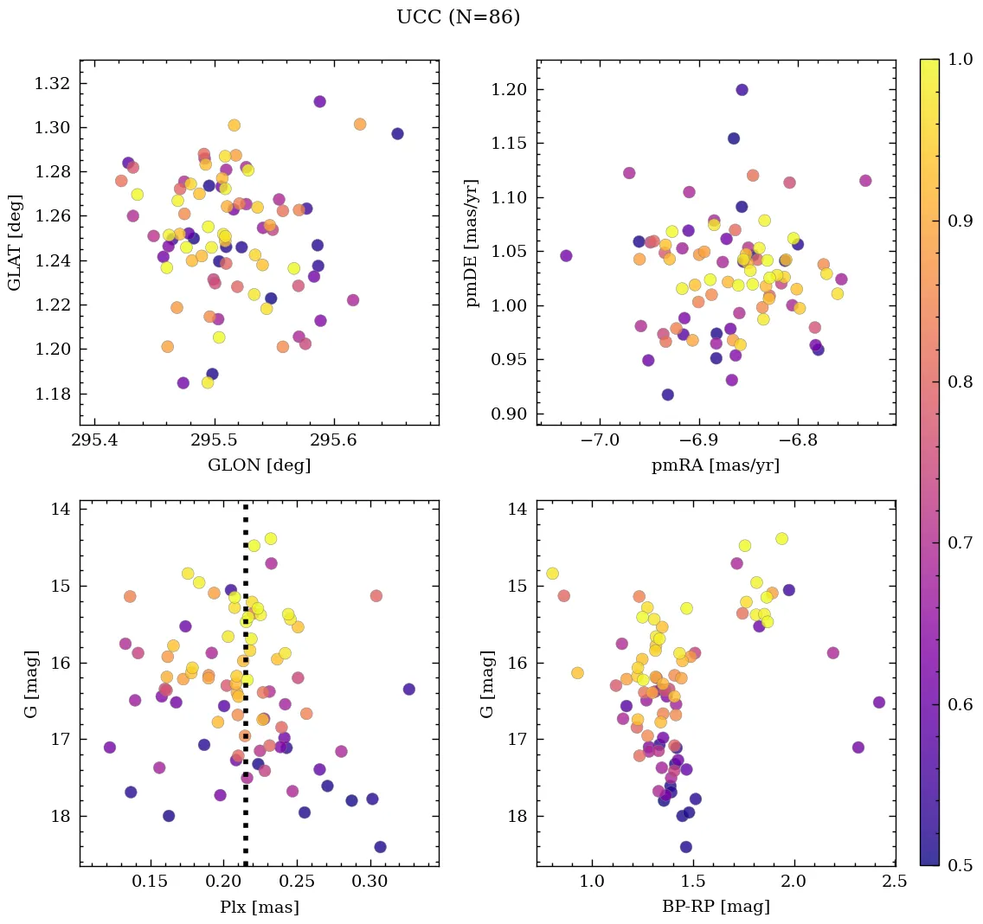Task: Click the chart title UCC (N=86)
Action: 458,17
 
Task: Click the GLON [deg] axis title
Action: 259,465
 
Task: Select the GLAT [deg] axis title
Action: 15,242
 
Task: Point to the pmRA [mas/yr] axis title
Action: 716,465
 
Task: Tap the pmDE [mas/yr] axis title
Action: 472,242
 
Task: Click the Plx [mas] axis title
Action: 259,907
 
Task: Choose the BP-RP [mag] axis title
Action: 716,907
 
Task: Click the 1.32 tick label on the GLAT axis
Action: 51,84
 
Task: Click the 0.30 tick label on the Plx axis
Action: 370,882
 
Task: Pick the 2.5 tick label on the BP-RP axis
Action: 894,882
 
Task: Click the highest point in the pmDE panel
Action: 742,90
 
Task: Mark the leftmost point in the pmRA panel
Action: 566,256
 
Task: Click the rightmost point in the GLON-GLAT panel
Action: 397,134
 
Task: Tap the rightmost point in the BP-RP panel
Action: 879,703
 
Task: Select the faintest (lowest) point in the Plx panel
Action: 380,847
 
